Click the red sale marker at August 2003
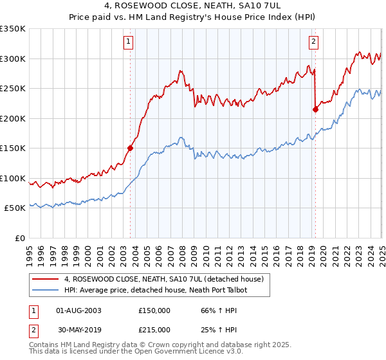(130, 148)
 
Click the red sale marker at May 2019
(315, 109)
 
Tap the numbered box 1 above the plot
(129, 42)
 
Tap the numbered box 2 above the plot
(313, 42)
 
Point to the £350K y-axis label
(13, 29)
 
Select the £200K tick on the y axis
(13, 118)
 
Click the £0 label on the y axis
(21, 238)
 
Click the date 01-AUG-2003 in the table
(78, 310)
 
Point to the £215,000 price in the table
(154, 330)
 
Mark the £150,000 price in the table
(154, 310)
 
